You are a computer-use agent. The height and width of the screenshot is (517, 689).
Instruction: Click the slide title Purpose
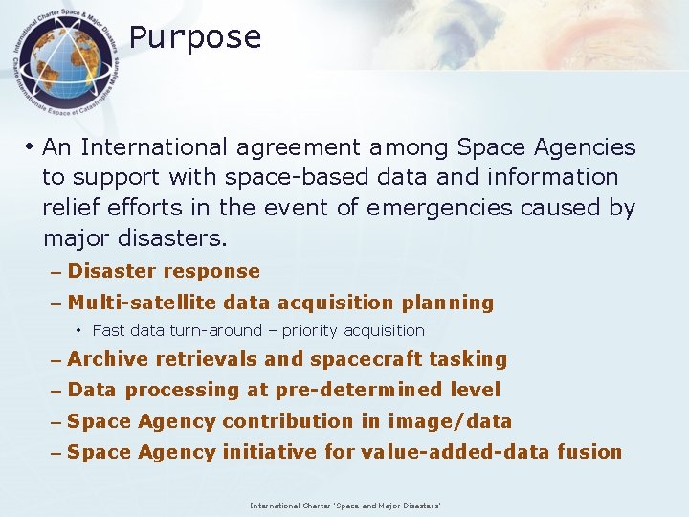click(195, 37)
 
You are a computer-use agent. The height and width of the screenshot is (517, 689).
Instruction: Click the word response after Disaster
click(210, 272)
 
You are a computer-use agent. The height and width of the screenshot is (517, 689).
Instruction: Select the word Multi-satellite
click(143, 303)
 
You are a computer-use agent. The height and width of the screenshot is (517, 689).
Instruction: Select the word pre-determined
click(360, 391)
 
